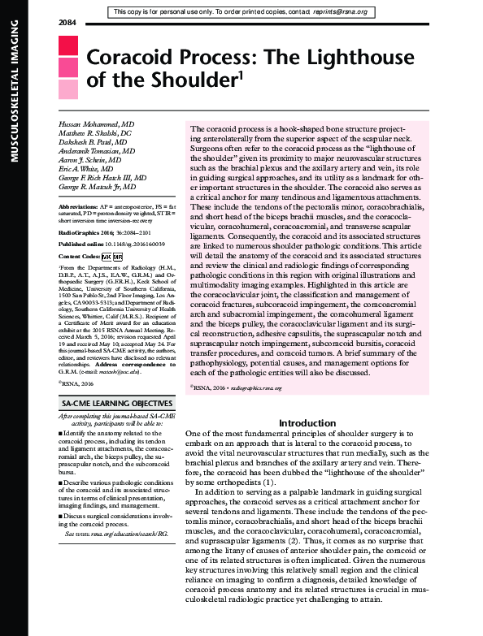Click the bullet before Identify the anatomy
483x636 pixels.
62,434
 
